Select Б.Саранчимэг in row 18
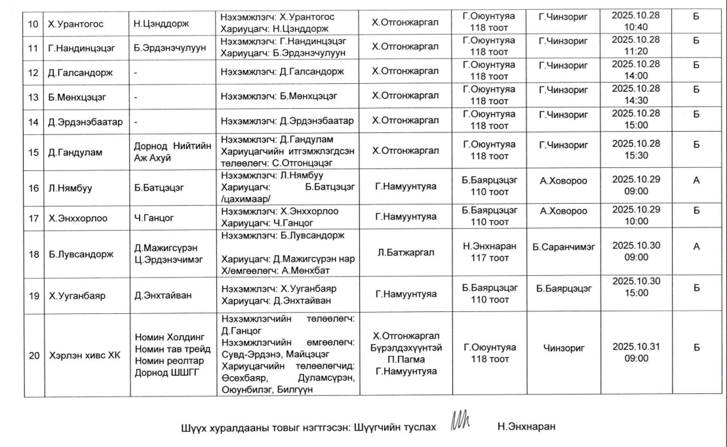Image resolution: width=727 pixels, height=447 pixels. click(563, 246)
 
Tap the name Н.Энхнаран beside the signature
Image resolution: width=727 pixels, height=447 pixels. click(526, 427)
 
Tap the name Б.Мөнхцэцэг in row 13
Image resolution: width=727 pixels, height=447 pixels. click(75, 98)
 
